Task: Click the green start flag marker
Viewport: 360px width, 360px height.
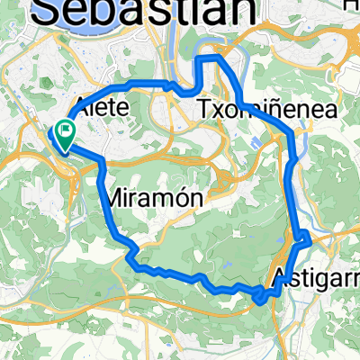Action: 66,134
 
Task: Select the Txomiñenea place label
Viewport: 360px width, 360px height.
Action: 265,110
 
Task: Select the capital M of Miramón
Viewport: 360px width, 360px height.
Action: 116,196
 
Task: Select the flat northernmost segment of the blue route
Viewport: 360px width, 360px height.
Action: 209,58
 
